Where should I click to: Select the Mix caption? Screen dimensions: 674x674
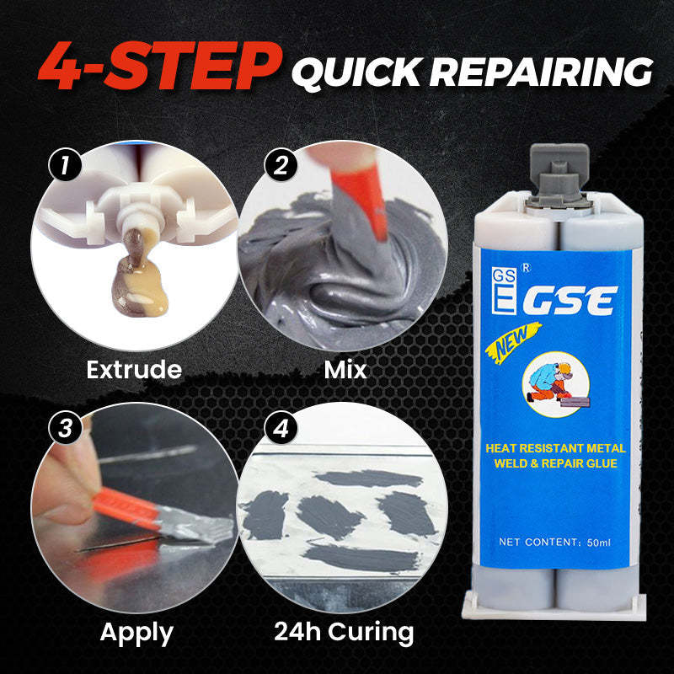[346, 369]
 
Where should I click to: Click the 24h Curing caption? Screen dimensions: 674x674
[344, 631]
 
